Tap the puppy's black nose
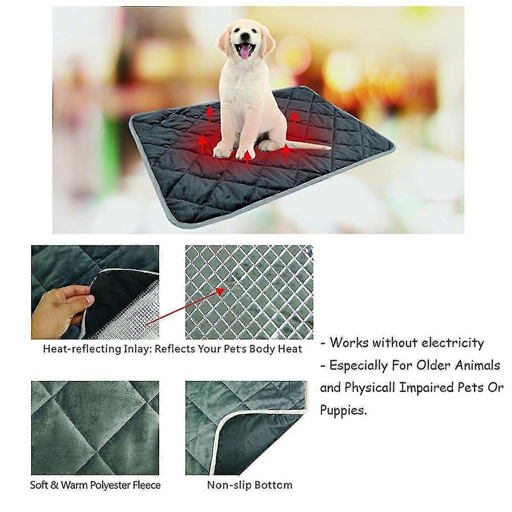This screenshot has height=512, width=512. [244, 38]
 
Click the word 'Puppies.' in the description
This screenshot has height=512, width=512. [343, 410]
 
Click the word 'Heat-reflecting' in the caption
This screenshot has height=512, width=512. [76, 349]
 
